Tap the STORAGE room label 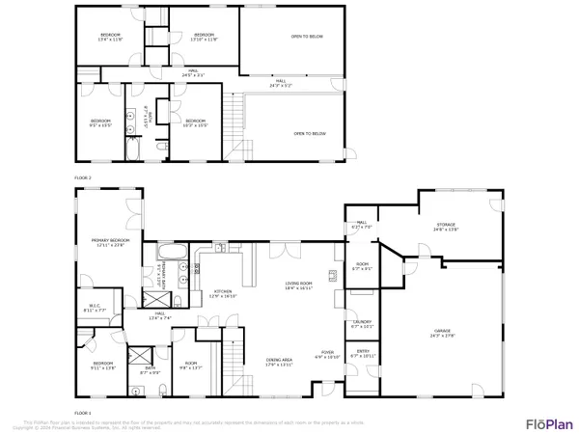[445, 225]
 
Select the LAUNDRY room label [362, 322]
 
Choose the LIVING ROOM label [298, 283]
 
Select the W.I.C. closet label [94, 308]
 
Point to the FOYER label [327, 352]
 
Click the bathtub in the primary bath [170, 253]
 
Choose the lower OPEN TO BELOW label [310, 133]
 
